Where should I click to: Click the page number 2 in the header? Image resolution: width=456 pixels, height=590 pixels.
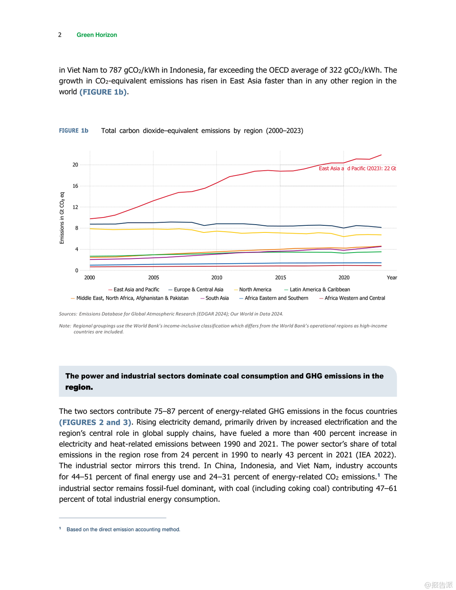60,35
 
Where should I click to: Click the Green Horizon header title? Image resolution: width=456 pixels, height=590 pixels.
97,35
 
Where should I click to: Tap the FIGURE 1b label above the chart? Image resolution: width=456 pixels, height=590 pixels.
74,131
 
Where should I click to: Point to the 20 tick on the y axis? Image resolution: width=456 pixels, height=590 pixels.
75,165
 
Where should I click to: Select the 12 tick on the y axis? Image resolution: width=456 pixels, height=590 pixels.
75,207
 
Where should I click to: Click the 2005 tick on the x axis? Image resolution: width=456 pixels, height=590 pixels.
153,278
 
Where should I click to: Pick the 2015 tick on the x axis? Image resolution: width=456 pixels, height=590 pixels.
281,278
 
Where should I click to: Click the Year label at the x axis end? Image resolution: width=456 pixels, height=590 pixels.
392,278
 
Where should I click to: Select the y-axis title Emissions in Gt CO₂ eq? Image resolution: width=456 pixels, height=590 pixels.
62,218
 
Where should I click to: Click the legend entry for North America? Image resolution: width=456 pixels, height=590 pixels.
255,289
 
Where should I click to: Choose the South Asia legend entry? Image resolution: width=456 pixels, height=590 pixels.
217,298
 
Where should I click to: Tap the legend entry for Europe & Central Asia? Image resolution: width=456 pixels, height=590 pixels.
198,289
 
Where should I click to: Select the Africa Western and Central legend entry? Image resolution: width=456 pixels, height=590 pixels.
354,298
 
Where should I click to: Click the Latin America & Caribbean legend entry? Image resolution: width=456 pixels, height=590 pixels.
319,289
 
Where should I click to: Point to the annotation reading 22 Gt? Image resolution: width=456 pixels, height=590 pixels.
390,168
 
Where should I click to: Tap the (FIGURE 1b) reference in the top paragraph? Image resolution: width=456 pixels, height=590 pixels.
103,92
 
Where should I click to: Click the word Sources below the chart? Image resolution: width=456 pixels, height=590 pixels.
68,314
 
